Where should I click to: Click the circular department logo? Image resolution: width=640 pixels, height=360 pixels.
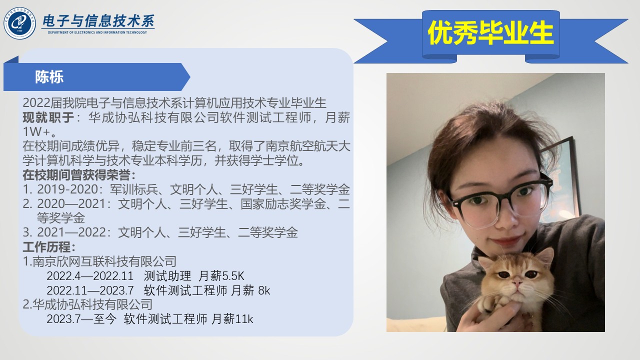click(x=19, y=23)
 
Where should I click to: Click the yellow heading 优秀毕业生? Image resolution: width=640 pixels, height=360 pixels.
click(x=490, y=32)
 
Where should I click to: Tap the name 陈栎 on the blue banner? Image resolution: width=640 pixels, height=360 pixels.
click(x=49, y=77)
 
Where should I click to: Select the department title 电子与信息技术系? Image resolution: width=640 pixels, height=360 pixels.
click(x=98, y=21)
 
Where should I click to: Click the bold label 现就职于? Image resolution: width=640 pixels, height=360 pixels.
click(x=48, y=117)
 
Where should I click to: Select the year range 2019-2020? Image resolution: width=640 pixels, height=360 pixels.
click(x=67, y=189)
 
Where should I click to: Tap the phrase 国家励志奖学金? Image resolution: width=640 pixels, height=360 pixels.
click(x=283, y=203)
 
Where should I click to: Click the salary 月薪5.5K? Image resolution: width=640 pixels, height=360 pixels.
click(x=221, y=276)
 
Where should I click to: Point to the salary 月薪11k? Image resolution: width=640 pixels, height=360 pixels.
click(x=232, y=319)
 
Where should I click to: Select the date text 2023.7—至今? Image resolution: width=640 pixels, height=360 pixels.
click(x=81, y=319)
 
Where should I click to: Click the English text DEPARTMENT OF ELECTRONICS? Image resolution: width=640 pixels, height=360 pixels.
click(x=71, y=32)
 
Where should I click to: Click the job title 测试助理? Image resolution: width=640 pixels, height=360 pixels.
click(x=167, y=276)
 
